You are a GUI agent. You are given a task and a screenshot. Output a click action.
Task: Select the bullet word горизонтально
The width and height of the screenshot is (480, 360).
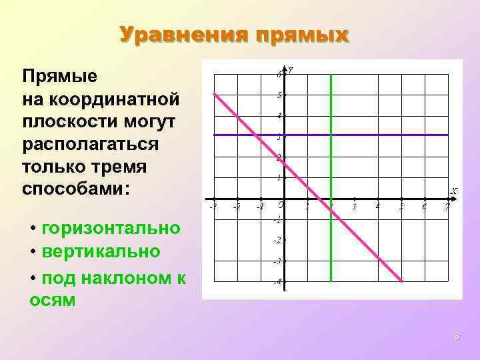pos(111,228)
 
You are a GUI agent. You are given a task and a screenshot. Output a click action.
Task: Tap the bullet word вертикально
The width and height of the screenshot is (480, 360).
pos(101,251)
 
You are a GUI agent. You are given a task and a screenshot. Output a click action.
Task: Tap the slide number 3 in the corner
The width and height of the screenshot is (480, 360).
pos(457,337)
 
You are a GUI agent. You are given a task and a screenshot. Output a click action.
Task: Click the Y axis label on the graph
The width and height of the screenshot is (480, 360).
pos(291,70)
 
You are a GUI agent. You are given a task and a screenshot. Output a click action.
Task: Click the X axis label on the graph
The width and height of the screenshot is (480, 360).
pos(454,191)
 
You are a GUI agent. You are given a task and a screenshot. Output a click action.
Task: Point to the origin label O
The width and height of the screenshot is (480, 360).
pos(281,204)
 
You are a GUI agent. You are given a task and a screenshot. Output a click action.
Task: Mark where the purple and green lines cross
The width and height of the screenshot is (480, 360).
pos(331,135)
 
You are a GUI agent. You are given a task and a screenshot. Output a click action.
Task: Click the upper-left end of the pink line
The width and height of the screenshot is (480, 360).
pos(215,94)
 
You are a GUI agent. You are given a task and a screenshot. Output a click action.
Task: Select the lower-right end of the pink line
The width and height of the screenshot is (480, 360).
pos(402,281)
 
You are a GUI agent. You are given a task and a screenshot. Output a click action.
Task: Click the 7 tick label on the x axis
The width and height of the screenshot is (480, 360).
pos(448,207)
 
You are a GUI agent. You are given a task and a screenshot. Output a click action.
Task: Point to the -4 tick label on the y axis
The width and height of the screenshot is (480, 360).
pos(277,282)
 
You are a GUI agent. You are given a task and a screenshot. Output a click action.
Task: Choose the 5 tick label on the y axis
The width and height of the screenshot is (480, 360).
pos(280,95)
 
